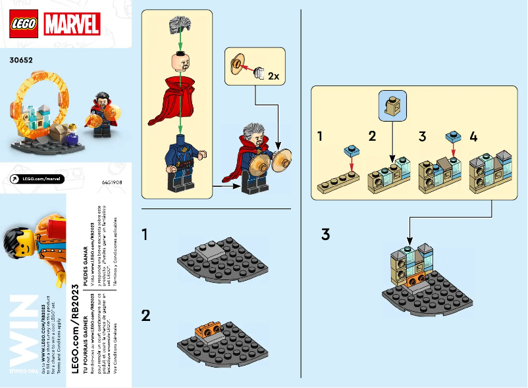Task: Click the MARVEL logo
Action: pos(72,24)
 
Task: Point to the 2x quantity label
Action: pos(273,76)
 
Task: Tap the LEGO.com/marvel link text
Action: pos(39,178)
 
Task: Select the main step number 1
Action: pos(146,234)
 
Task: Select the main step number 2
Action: pos(146,315)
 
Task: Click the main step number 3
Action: pos(325,234)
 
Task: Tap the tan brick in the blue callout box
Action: pos(393,103)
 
